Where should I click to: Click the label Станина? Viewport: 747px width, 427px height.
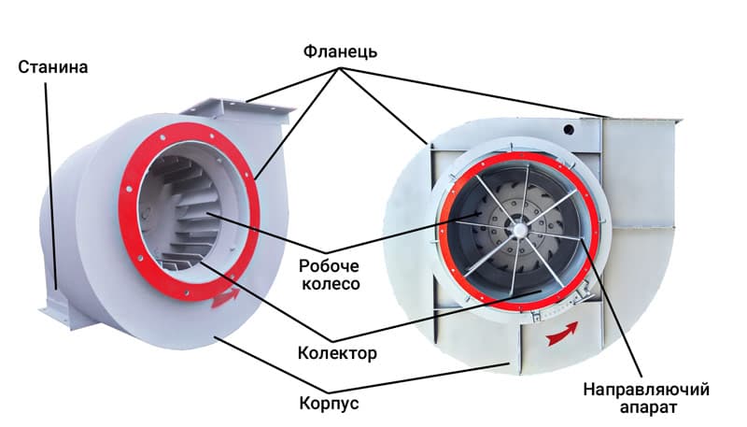(x=53, y=67)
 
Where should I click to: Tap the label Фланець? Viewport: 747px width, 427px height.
(x=340, y=51)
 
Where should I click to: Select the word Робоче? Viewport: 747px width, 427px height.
(x=330, y=266)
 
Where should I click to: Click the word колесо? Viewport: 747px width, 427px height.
(x=331, y=284)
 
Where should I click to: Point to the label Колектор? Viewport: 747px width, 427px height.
(x=337, y=353)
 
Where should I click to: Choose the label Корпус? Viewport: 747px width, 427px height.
(x=329, y=403)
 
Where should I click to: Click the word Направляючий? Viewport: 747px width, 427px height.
(x=646, y=390)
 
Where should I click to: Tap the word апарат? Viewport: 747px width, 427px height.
(x=648, y=408)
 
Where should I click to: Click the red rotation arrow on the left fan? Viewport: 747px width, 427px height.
(x=225, y=296)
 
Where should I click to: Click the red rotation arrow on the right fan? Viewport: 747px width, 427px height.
(x=562, y=333)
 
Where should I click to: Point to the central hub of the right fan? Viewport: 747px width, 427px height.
(x=518, y=230)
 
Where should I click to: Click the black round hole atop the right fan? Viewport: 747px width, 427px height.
(x=569, y=129)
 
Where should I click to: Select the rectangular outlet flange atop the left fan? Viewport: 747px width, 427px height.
(x=237, y=109)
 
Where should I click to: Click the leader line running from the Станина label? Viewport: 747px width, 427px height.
(x=51, y=186)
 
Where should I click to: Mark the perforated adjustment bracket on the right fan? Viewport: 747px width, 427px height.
(x=566, y=302)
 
